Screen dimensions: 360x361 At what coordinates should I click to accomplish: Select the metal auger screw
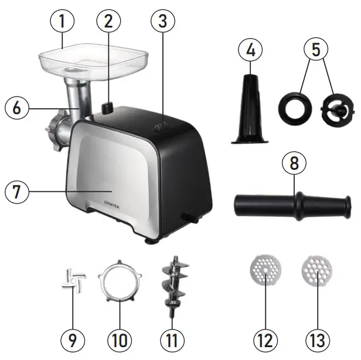click(172, 286)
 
